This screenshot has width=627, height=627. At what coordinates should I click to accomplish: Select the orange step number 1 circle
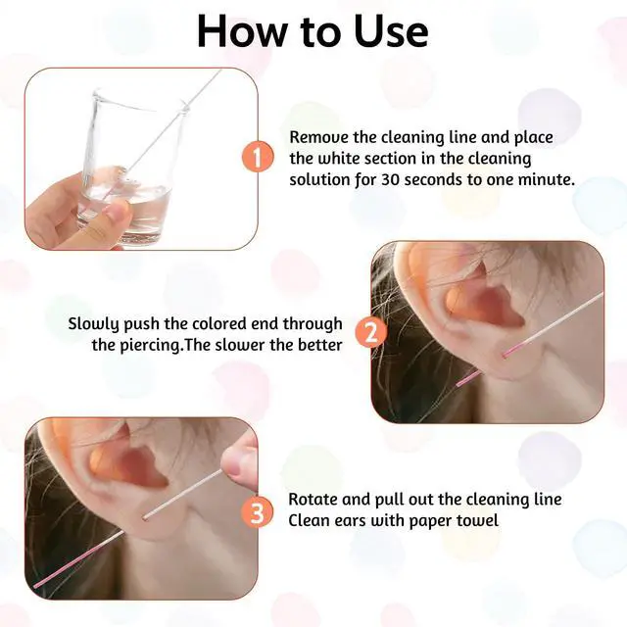(x=258, y=157)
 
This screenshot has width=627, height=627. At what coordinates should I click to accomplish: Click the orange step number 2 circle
(x=371, y=332)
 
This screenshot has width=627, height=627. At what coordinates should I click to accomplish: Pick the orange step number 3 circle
(x=258, y=513)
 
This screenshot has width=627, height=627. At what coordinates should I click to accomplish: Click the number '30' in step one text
(x=390, y=179)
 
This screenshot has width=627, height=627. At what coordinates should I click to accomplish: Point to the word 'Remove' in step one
(x=318, y=137)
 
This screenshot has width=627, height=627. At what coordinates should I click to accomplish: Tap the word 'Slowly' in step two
(x=93, y=324)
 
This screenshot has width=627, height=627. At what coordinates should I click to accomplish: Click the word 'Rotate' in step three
(x=313, y=500)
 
